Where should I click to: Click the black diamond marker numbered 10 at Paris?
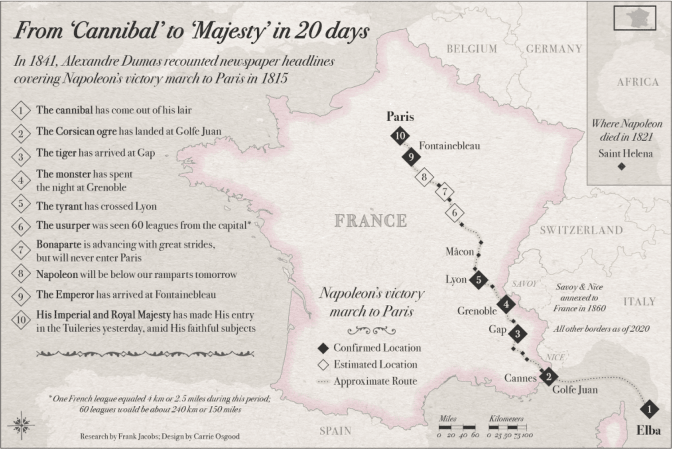[400, 136]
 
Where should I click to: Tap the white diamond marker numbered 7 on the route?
[445, 191]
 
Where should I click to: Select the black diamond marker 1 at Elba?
[649, 409]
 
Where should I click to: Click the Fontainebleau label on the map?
[449, 146]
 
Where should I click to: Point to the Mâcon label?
[460, 252]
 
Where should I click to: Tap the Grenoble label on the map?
[477, 311]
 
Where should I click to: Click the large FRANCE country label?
[371, 220]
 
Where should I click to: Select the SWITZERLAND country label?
[581, 230]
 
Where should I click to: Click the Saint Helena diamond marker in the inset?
[621, 167]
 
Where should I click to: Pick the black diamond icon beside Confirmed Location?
[323, 348]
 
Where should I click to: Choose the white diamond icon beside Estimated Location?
[323, 365]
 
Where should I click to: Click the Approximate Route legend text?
[375, 381]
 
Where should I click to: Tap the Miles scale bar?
[457, 427]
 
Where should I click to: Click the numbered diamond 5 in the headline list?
[21, 205]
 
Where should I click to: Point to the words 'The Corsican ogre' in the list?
[76, 131]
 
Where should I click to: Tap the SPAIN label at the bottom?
[335, 431]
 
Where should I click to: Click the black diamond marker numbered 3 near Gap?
[517, 334]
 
